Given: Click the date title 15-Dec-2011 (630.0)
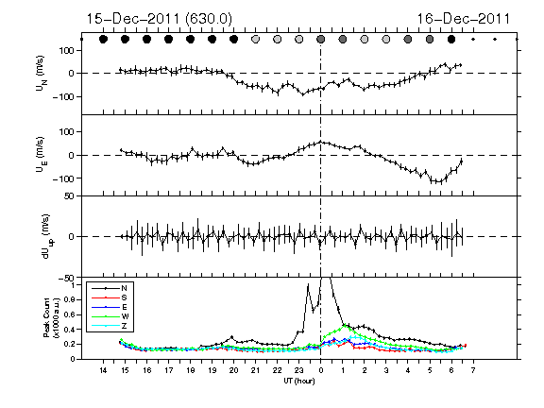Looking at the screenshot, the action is [159, 19].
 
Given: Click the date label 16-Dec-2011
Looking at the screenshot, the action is [463, 19].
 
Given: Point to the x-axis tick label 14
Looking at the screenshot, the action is [103, 370].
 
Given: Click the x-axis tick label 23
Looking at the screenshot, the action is [298, 370].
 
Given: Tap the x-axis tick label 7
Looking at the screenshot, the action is [473, 370].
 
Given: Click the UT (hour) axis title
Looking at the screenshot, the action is [299, 381].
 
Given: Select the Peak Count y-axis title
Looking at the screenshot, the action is [51, 317].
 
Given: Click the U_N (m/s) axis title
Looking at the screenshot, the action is [42, 74].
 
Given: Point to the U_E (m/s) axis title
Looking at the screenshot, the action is [42, 155].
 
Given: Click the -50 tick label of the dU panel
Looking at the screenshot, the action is [67, 279].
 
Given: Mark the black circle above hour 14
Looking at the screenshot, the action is [103, 40].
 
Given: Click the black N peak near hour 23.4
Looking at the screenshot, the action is [308, 285].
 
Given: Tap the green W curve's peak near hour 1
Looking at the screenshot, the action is [345, 325].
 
